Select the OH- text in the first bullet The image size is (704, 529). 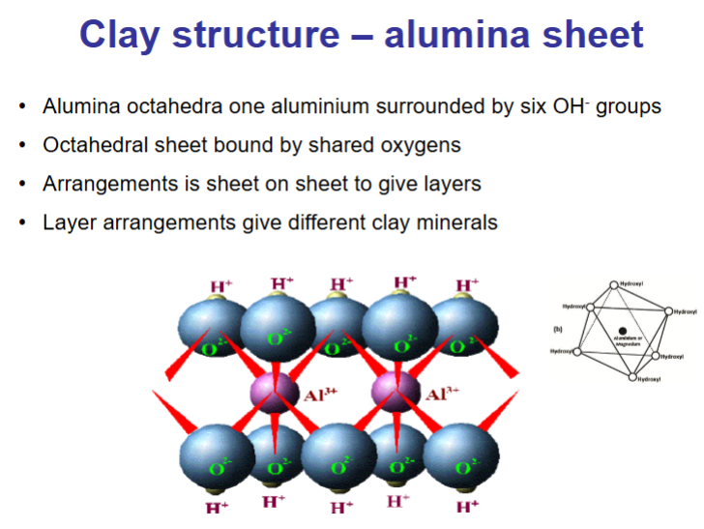pos(549,106)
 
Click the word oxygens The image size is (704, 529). pos(419,146)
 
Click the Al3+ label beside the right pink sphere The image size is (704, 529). pos(442,394)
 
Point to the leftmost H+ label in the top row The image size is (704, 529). pos(221,286)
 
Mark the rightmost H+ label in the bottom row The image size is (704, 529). pos(468,507)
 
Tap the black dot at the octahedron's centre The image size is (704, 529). pos(622,332)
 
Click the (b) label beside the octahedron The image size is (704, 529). pos(558,330)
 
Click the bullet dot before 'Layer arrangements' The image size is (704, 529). pos(21,222)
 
